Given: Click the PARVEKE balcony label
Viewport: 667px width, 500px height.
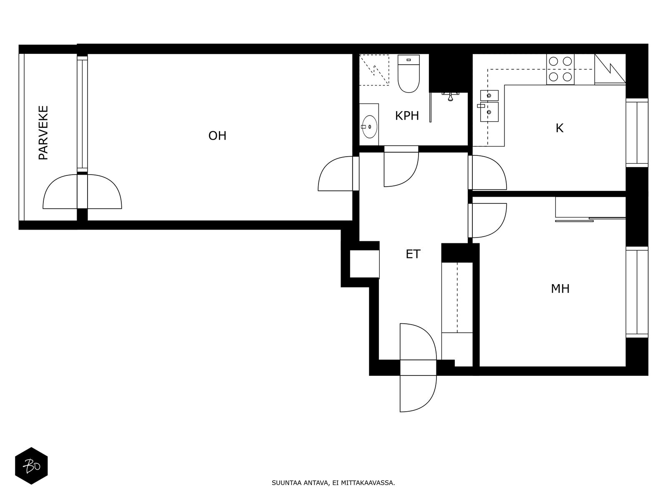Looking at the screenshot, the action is pyautogui.click(x=43, y=132).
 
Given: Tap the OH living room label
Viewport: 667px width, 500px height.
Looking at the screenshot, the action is pyautogui.click(x=217, y=136).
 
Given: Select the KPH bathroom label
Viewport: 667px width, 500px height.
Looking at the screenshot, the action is pyautogui.click(x=407, y=116).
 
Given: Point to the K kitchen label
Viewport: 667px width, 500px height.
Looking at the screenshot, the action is pyautogui.click(x=559, y=128).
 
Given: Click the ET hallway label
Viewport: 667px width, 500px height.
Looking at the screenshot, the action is pyautogui.click(x=413, y=254).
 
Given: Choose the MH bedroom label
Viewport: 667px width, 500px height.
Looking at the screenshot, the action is pyautogui.click(x=560, y=288).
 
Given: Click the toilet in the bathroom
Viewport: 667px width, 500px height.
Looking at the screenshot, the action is pyautogui.click(x=409, y=73).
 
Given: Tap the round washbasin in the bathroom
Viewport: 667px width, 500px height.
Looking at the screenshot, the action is pyautogui.click(x=369, y=127).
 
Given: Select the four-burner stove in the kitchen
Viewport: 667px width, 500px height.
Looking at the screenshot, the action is pyautogui.click(x=560, y=69).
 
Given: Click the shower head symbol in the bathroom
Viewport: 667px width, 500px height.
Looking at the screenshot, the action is pyautogui.click(x=450, y=97).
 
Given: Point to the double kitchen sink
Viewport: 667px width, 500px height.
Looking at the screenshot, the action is pyautogui.click(x=489, y=106).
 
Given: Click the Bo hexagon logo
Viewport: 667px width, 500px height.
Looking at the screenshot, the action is pyautogui.click(x=31, y=466).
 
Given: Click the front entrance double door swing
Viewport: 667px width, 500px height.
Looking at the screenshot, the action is pyautogui.click(x=418, y=367).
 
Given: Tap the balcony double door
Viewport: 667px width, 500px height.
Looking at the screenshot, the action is pyautogui.click(x=83, y=191).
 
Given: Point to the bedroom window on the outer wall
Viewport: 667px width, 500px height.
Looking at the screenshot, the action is pyautogui.click(x=637, y=292).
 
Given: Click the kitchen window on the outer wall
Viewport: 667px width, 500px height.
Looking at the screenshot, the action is pyautogui.click(x=637, y=132).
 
